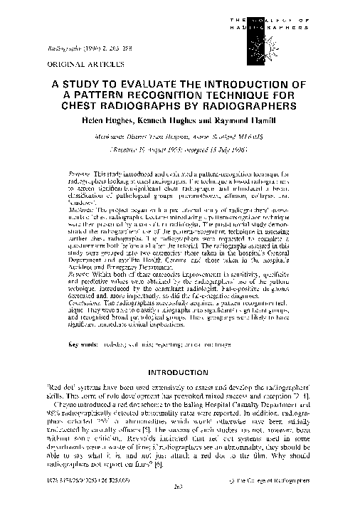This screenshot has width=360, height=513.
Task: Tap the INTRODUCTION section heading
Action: pyautogui.click(x=179, y=373)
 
